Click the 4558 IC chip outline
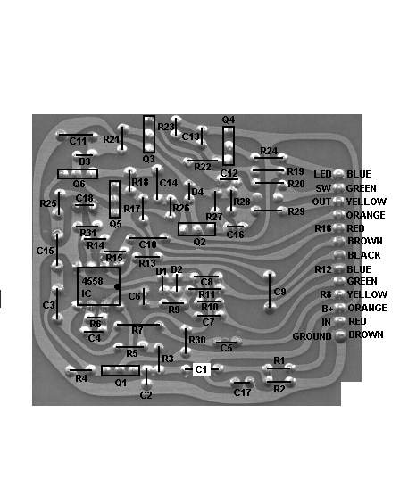(x=78, y=286)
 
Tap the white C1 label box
(x=202, y=369)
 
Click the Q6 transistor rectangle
(x=78, y=169)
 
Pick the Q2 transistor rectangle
(x=196, y=223)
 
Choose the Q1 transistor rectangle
(x=121, y=366)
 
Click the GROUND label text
(x=312, y=336)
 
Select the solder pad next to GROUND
(x=340, y=335)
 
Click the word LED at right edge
(x=322, y=174)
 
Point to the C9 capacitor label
(x=279, y=292)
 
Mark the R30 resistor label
(x=197, y=340)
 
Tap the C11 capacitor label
(x=78, y=141)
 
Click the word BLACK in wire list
(x=364, y=255)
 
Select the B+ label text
(x=328, y=309)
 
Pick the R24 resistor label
(x=269, y=151)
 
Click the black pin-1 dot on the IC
(x=117, y=287)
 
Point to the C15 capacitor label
(x=45, y=251)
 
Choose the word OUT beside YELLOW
(x=321, y=202)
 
